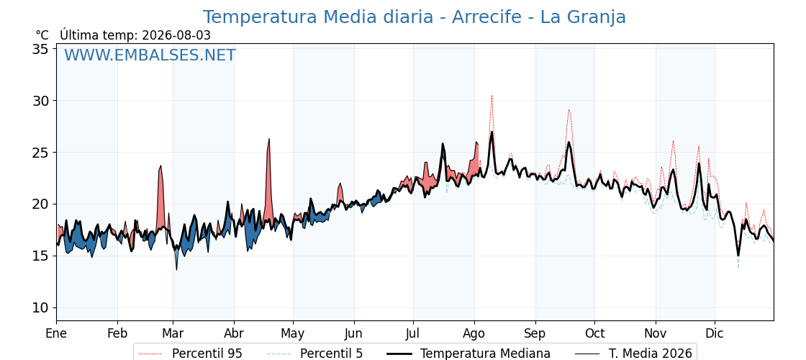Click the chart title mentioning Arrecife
coord(415,17)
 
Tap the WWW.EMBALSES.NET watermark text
coord(150,55)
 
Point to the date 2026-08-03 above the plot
coord(176,35)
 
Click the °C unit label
coord(42,35)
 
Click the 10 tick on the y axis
coord(42,308)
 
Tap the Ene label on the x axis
coord(56,333)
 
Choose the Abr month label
coord(234,333)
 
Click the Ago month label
coord(474,334)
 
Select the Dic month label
coord(715,333)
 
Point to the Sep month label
coord(535,334)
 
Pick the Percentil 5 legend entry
coord(314,354)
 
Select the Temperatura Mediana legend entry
coord(467,354)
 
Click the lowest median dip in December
coord(738,255)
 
